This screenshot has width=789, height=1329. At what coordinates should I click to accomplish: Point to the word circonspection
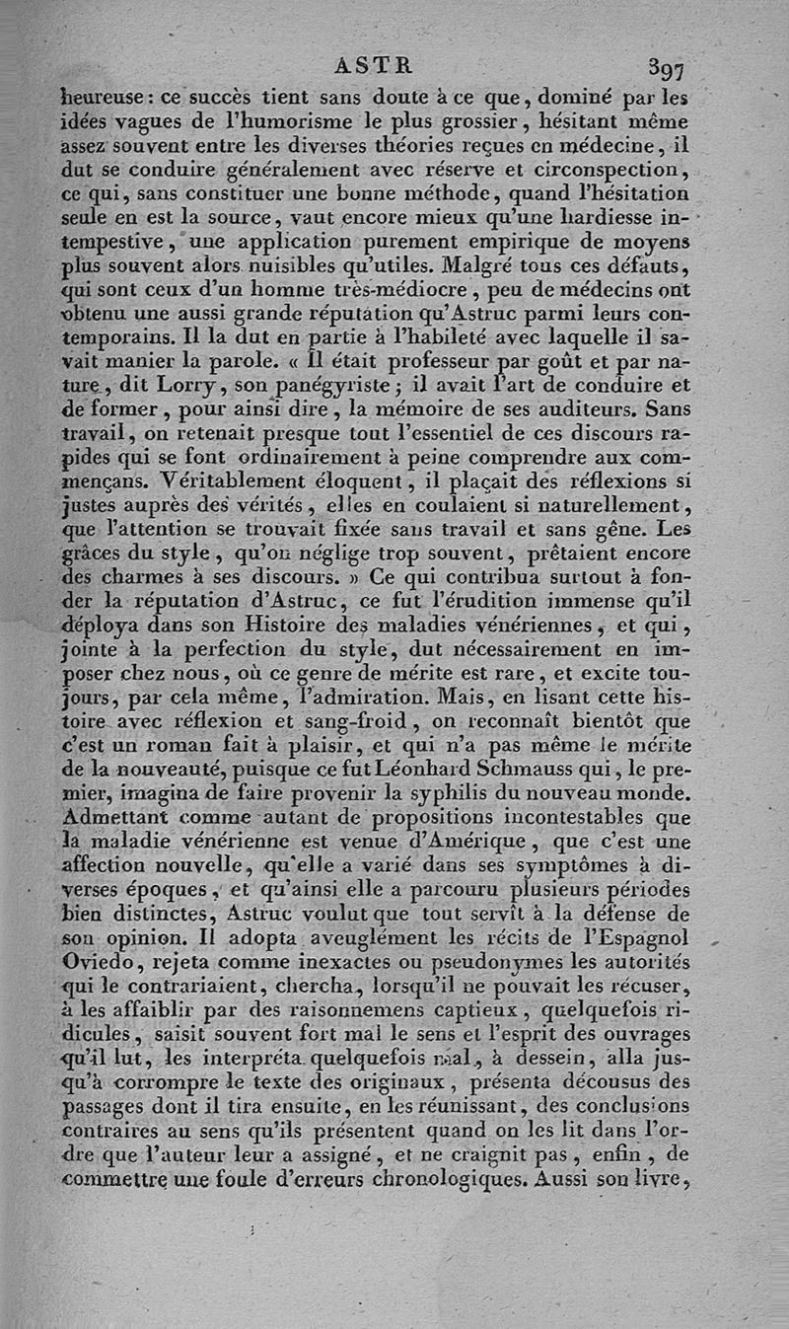(x=610, y=170)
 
